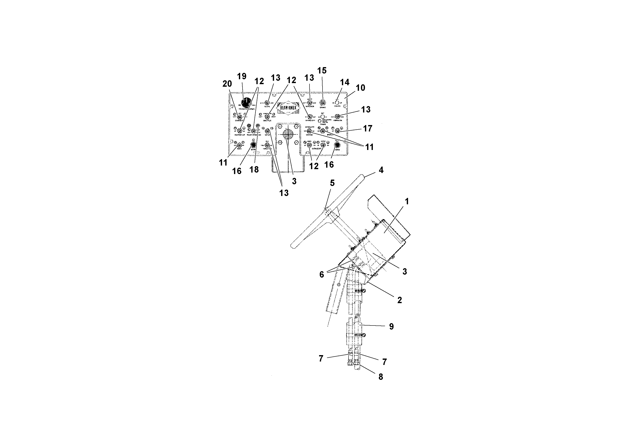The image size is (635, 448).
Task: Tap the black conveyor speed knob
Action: (246, 103)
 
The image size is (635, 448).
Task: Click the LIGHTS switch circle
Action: (337, 103)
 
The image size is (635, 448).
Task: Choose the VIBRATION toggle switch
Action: (337, 117)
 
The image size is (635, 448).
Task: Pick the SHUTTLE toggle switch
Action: (267, 117)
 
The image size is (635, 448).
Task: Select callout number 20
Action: (227, 84)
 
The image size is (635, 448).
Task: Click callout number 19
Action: (242, 76)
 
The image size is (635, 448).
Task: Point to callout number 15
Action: (322, 71)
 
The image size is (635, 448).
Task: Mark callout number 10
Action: (360, 88)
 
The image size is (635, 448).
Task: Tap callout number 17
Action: (368, 128)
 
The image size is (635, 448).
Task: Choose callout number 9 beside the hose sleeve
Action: (391, 327)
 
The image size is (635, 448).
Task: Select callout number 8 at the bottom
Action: (381, 377)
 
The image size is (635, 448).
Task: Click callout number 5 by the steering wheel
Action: (332, 183)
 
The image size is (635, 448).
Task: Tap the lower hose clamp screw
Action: (365, 335)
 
